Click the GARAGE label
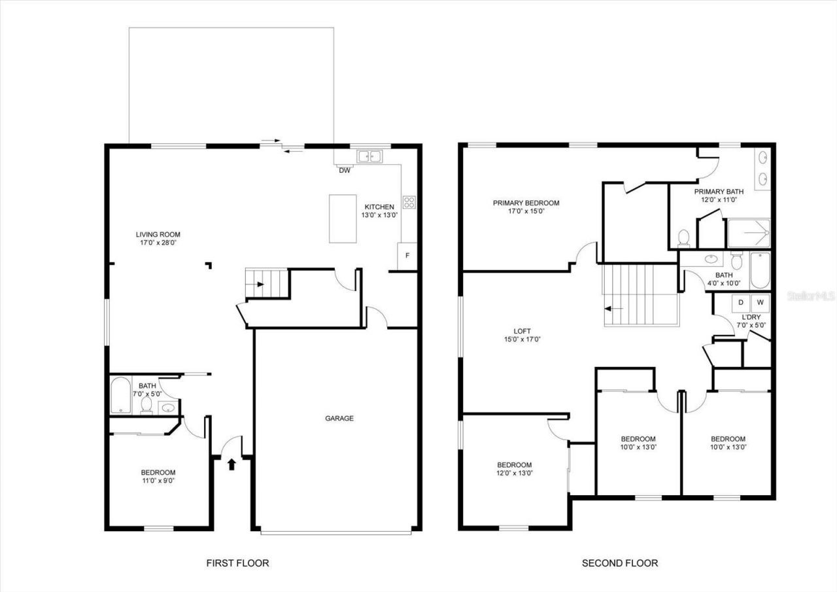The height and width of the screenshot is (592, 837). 339,418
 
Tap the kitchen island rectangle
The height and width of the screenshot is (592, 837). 343,218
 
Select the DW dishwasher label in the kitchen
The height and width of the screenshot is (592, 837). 344,171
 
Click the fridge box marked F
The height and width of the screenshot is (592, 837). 407,256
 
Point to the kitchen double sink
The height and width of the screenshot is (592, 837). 369,156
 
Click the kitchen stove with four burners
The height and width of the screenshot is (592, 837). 409,202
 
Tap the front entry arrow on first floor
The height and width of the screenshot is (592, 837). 231,464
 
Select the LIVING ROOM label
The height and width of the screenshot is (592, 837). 158,234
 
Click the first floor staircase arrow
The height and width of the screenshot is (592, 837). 260,285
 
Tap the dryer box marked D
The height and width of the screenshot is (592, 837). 742,302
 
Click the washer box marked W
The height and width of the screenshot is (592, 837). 760,302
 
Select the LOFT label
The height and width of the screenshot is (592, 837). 522,331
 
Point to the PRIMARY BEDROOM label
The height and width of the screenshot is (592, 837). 526,203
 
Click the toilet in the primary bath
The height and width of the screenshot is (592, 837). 684,237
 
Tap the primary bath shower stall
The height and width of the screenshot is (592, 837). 749,233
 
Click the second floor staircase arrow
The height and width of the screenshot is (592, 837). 613,308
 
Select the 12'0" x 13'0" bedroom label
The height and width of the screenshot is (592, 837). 513,469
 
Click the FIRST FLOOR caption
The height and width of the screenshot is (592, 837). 237,563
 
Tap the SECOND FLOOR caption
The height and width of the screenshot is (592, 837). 620,563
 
